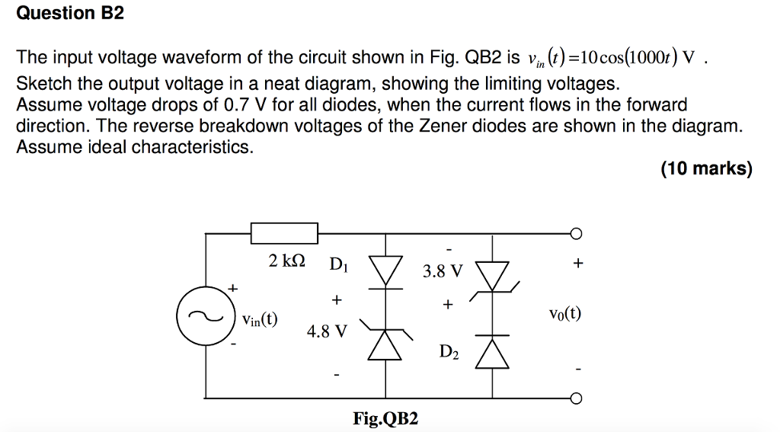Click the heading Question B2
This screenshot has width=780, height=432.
point(70,14)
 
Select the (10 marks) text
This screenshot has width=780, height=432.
point(706,168)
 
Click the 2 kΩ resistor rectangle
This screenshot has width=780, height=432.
point(284,233)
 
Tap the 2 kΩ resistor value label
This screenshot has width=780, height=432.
point(287,261)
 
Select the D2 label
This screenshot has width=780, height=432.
point(449,351)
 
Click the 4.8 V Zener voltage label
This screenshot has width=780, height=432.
point(326,332)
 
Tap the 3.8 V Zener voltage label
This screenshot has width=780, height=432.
point(443,271)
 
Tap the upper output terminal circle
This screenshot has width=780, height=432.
point(577,233)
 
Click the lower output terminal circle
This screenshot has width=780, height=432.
point(577,398)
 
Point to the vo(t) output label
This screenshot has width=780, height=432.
point(564,313)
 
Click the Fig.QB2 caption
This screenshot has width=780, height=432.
point(385,418)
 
